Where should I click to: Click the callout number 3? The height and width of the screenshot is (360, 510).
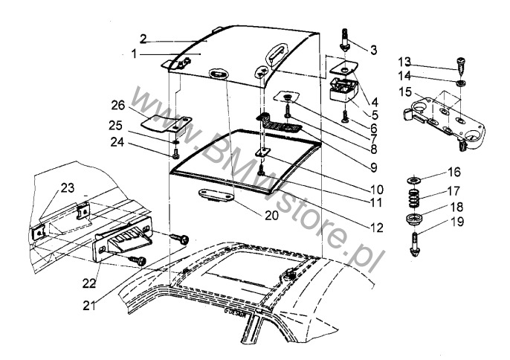(x=373, y=51)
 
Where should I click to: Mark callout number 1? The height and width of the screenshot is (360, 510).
(x=135, y=54)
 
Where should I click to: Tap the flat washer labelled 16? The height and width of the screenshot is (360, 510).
(x=412, y=181)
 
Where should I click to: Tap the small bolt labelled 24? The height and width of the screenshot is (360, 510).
(x=175, y=152)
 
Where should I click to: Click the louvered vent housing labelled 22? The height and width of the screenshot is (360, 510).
(x=123, y=240)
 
